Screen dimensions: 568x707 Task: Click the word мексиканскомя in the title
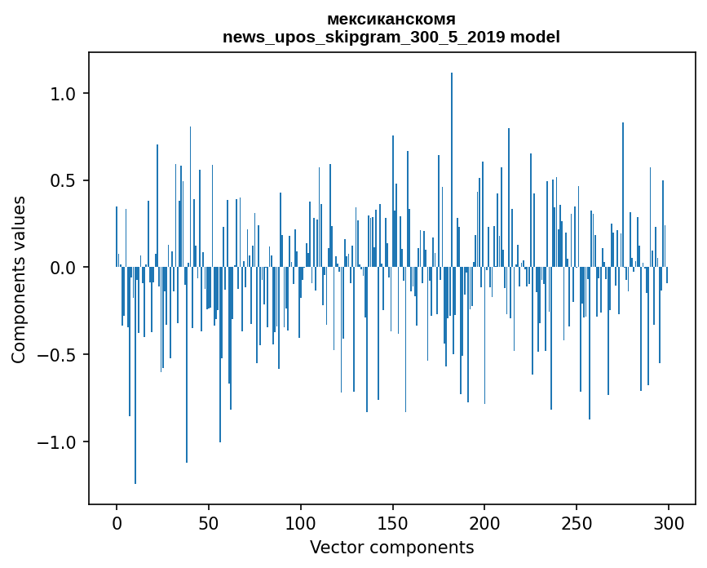coord(391,19)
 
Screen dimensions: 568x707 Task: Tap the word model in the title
coord(537,37)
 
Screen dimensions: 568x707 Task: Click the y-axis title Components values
coord(19,279)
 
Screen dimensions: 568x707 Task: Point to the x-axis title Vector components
coord(391,547)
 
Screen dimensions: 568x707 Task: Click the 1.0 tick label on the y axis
coord(61,94)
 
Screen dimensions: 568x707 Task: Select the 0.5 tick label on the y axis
coord(61,180)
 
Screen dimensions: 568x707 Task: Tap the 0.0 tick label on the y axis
coord(61,268)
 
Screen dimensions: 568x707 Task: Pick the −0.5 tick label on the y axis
coord(56,355)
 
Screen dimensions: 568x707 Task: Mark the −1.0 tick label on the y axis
coord(56,442)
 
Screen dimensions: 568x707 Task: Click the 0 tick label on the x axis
coord(117,522)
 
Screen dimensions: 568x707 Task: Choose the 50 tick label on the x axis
coord(209,522)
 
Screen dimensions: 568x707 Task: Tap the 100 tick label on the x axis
coord(301,522)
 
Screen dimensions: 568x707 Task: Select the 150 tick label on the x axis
coord(393,522)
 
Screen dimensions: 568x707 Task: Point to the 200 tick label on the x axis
coord(485,522)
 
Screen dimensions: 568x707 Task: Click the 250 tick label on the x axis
coord(577,522)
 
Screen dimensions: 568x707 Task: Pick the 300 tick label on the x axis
coord(669,522)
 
